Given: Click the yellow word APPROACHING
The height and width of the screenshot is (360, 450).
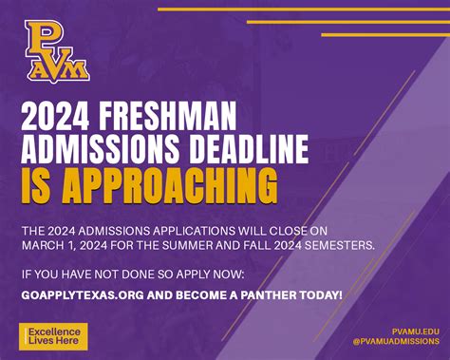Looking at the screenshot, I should pos(174,182).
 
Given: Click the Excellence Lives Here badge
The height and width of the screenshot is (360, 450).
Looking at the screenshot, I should pos(54,335).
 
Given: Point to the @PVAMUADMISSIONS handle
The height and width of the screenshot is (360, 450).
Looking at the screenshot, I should pos(393,342).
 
